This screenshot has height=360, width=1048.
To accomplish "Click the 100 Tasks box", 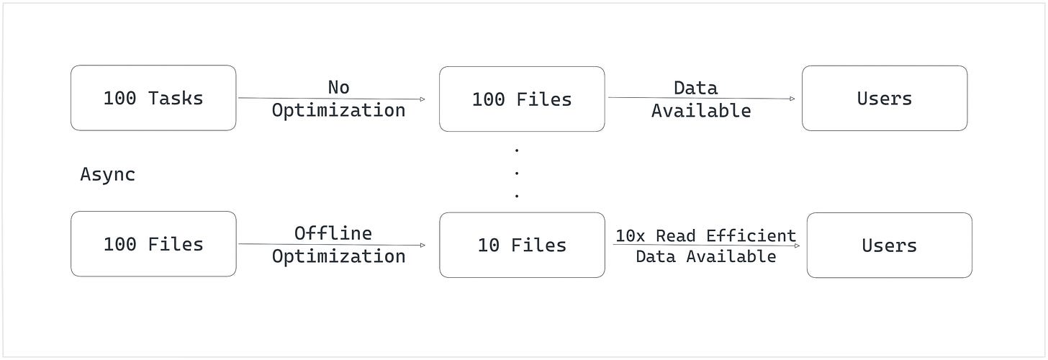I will point(153,98).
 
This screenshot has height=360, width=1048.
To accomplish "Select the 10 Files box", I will point(522,245).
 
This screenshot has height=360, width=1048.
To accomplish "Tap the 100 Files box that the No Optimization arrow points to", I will point(522,99).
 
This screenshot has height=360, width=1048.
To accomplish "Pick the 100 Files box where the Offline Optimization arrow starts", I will point(153,245).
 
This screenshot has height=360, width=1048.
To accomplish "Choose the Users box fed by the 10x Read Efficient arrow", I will point(889,246).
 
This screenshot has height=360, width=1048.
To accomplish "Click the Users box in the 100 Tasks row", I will point(884,99).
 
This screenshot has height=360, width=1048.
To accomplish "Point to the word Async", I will point(107,174).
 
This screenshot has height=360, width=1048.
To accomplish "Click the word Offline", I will point(333,233).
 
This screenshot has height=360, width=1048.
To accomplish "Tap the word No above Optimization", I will point(338,87).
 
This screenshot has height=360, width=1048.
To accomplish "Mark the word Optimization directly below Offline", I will point(338,256).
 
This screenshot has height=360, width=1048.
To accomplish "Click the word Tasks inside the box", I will point(176,98).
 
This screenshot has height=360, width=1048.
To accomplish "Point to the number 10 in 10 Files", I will point(488,245).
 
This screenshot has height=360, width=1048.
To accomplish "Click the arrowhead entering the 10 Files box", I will point(422,246).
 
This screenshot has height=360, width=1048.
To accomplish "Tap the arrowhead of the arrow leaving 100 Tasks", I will point(422,99).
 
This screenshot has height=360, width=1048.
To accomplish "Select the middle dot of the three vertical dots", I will point(517,173).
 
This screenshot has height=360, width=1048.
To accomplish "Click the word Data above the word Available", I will point(695,88).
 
